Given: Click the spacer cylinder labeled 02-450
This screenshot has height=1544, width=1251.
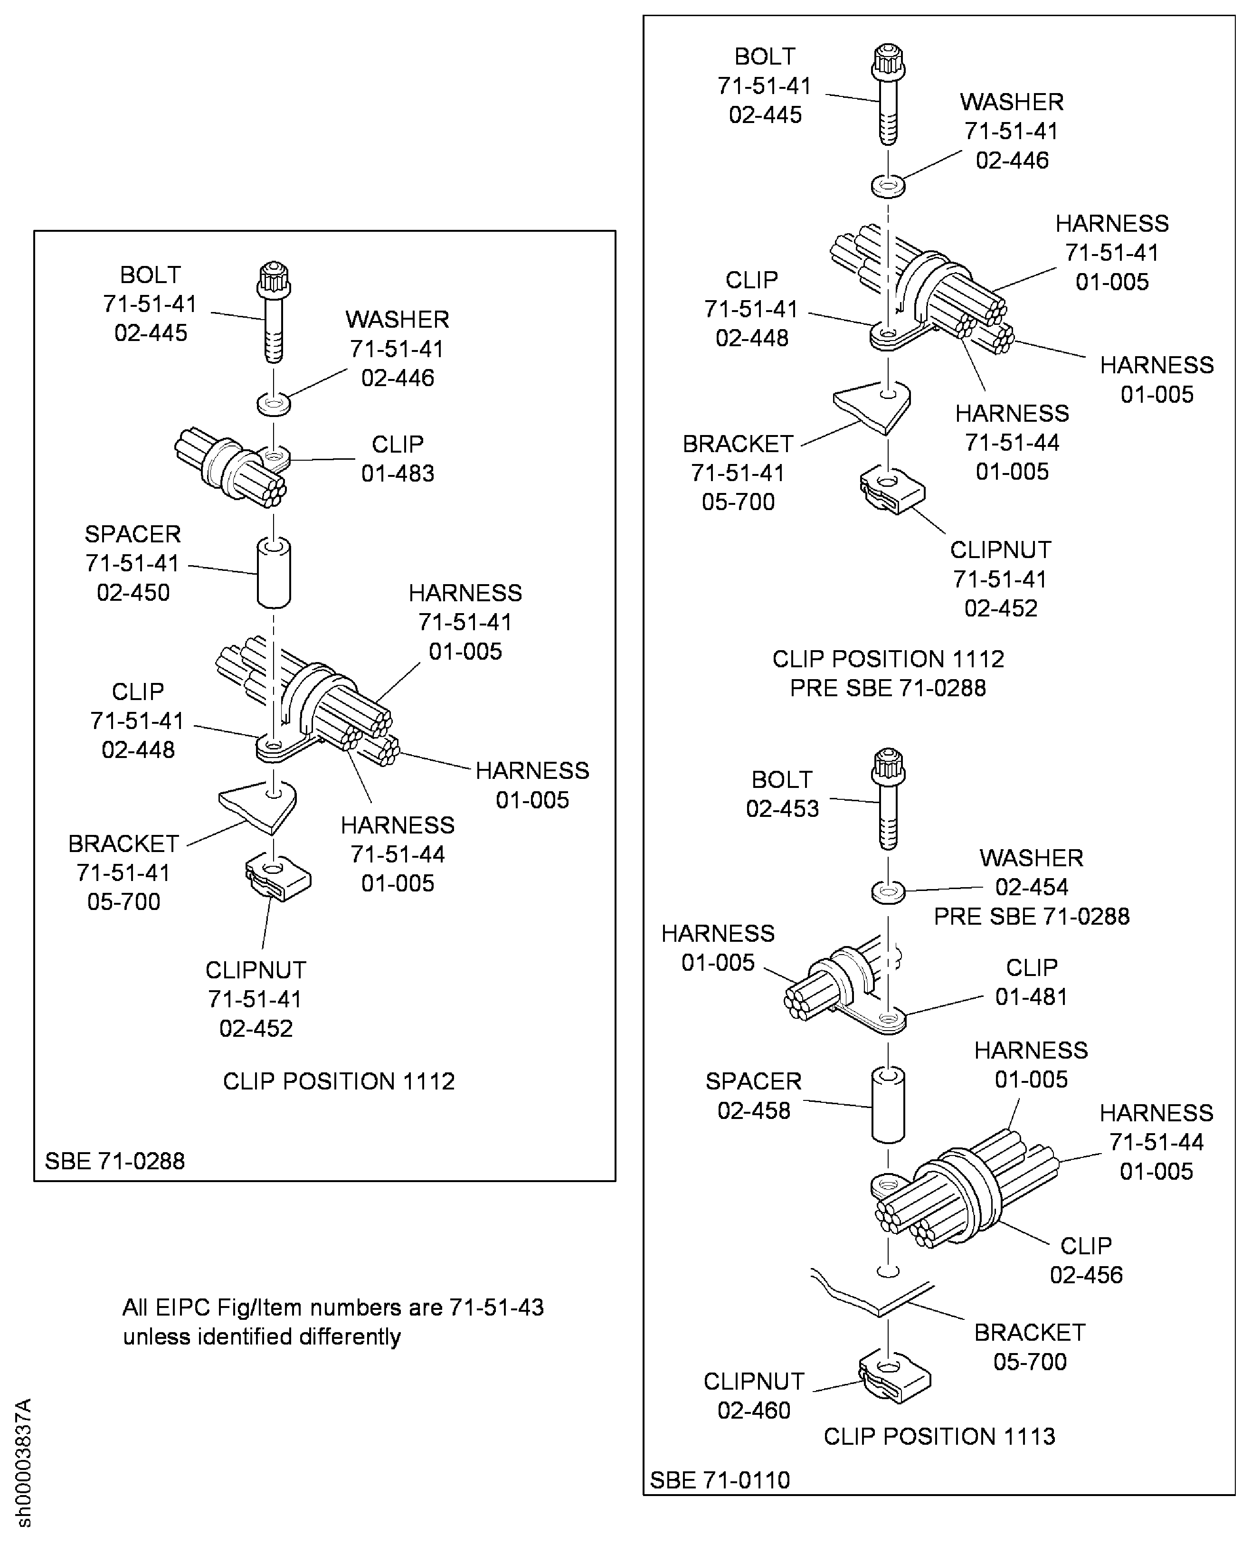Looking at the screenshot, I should tap(274, 573).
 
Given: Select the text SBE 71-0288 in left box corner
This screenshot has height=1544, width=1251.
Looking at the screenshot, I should tap(114, 1161).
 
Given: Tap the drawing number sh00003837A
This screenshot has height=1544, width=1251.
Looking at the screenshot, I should tap(24, 1463).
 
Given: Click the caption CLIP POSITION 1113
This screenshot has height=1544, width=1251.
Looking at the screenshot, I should tap(939, 1436).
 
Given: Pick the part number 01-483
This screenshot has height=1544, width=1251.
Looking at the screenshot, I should tap(398, 474).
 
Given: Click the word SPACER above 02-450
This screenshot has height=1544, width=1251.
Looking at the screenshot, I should tap(133, 534).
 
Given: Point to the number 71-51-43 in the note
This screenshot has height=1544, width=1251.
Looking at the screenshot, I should tap(496, 1307).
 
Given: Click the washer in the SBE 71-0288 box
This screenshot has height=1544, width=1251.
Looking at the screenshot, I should tap(274, 404).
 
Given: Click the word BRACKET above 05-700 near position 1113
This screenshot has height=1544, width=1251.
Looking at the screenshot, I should tap(1030, 1332).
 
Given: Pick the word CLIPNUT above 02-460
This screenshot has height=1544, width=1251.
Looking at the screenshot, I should tap(754, 1381).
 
